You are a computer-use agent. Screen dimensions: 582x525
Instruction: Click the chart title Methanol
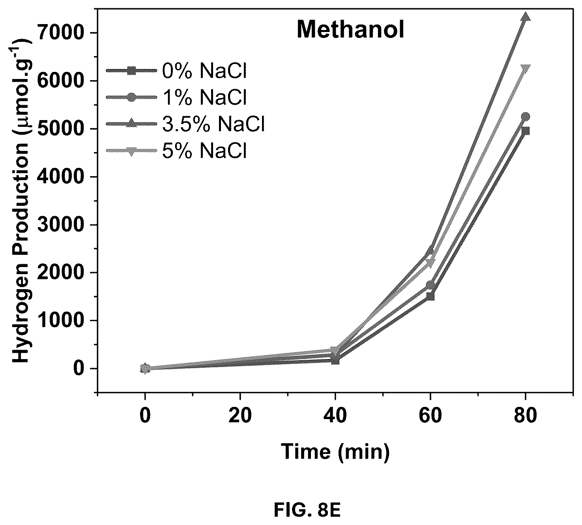[x=350, y=30]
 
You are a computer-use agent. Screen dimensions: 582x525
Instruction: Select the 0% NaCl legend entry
[x=176, y=71]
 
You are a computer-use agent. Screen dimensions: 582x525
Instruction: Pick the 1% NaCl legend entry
[x=176, y=97]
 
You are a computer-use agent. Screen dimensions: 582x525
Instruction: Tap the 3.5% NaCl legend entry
[x=185, y=124]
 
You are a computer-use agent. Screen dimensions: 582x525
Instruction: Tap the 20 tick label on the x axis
[x=240, y=416]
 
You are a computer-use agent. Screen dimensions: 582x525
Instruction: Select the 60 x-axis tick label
[x=430, y=416]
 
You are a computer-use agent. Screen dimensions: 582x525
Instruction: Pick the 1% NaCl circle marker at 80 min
[x=526, y=117]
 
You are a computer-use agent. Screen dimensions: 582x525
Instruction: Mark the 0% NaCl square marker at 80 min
[x=526, y=131]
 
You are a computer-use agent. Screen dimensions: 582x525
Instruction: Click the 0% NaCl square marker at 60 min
[x=430, y=296]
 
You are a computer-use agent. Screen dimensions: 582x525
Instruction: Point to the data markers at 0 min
[x=145, y=369]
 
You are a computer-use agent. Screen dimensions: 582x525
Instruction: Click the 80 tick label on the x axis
[x=526, y=416]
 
